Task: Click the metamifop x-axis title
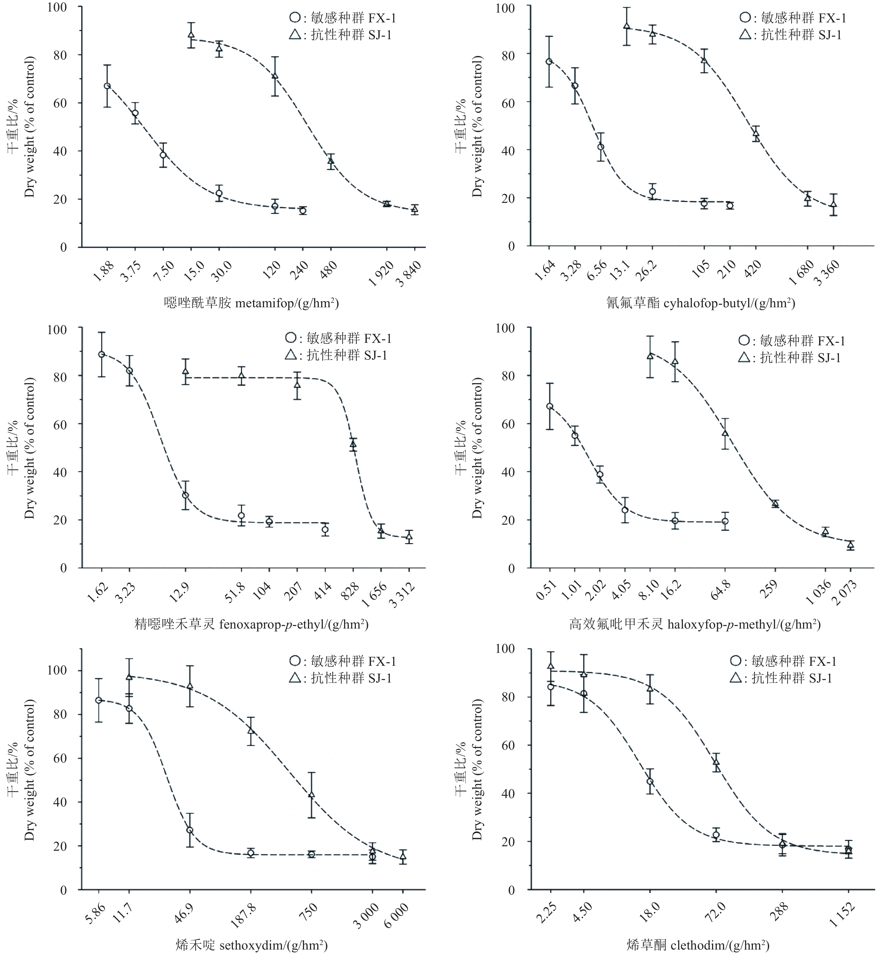(251, 303)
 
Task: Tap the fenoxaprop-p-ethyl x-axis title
(251, 624)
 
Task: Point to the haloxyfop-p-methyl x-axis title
(695, 624)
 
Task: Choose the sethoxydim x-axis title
(251, 944)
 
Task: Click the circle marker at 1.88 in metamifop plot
(108, 86)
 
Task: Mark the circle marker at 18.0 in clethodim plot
(650, 781)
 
